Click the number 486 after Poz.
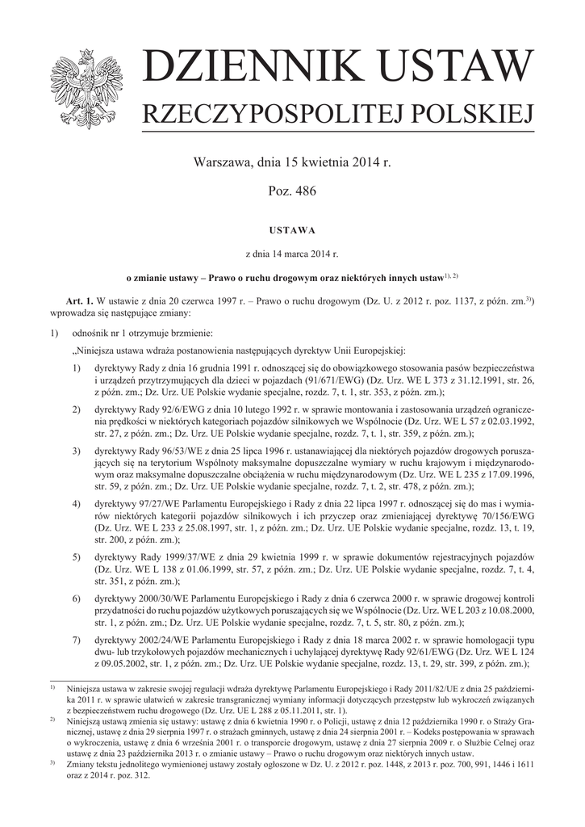tap(305, 191)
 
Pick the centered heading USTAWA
tap(291, 229)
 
